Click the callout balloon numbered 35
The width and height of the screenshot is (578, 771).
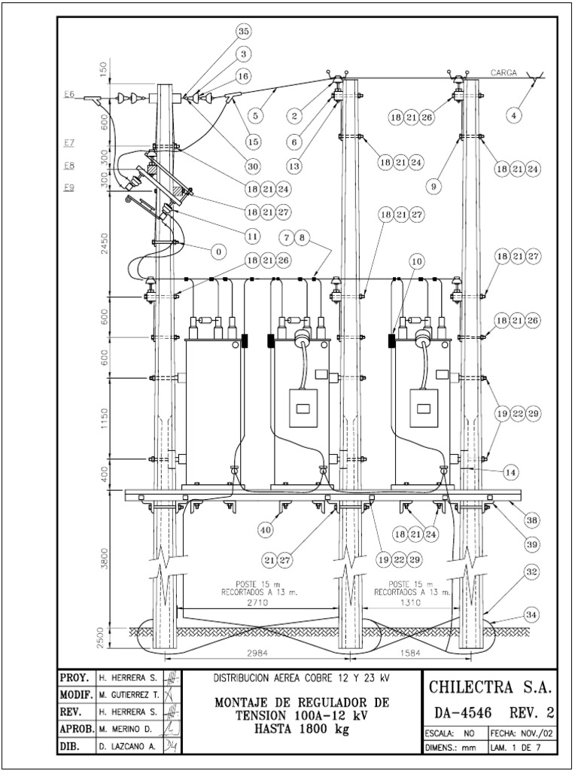tap(243, 32)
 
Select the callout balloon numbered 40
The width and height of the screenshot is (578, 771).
tap(265, 529)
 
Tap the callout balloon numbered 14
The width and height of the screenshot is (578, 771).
tap(511, 472)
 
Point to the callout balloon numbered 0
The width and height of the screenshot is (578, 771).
tap(218, 249)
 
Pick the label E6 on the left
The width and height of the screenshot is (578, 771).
tap(69, 94)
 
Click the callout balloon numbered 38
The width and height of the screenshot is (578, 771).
tap(531, 520)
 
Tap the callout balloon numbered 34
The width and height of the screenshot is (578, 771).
tap(531, 615)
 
